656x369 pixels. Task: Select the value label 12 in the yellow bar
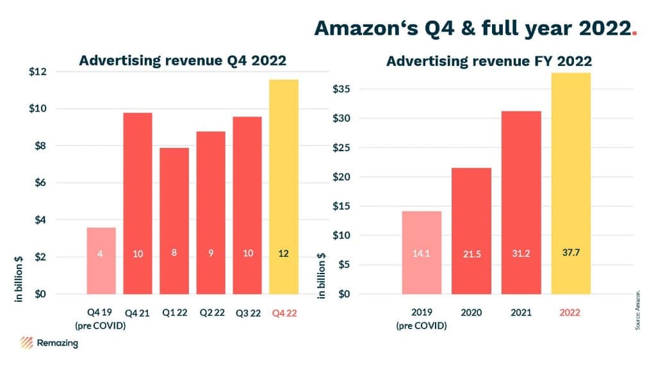(x=283, y=254)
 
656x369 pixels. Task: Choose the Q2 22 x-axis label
(x=211, y=313)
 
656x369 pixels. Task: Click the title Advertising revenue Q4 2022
(x=182, y=61)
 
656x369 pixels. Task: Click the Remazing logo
(x=49, y=343)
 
